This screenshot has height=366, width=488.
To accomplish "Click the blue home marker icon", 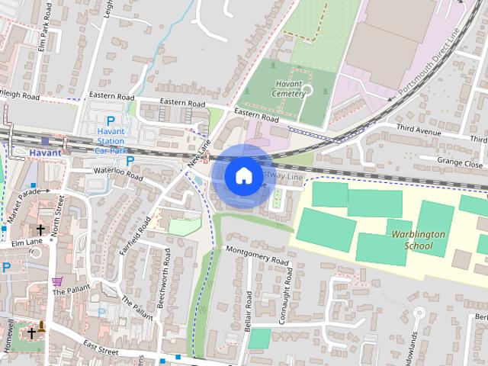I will (242, 176).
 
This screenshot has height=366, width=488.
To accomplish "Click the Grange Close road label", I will (461, 163).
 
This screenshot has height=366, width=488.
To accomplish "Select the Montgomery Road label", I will (258, 255).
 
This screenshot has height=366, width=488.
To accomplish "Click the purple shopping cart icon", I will (57, 281).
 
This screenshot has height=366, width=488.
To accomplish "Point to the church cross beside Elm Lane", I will (40, 230).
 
